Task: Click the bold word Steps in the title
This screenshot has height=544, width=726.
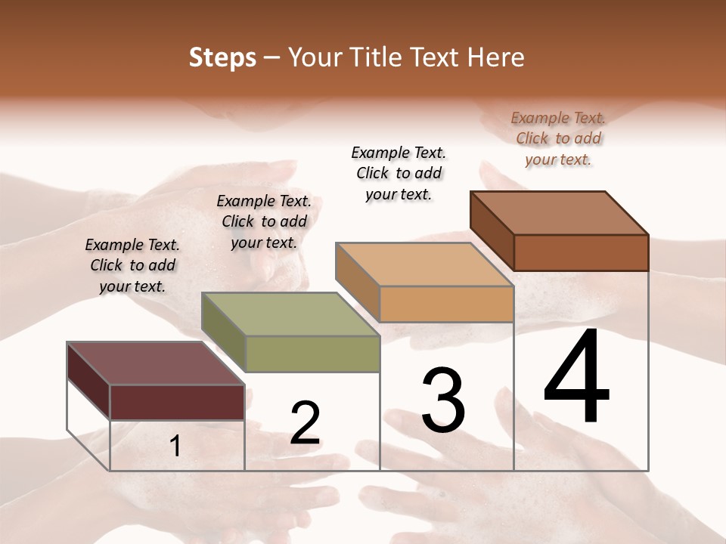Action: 222,57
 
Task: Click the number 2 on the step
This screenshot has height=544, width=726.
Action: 305,423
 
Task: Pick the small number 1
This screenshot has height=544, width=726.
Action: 175,447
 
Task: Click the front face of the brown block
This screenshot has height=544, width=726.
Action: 581,252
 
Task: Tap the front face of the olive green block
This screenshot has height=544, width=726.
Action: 312,354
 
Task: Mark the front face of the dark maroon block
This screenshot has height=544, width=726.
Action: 178,402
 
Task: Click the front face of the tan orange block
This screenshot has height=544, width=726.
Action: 446,304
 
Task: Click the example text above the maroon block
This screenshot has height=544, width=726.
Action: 132,266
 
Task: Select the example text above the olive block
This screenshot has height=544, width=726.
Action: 264,222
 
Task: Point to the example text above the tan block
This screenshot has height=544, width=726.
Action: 399,173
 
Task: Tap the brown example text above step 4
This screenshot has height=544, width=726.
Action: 558,138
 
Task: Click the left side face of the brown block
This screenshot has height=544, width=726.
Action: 492,231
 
